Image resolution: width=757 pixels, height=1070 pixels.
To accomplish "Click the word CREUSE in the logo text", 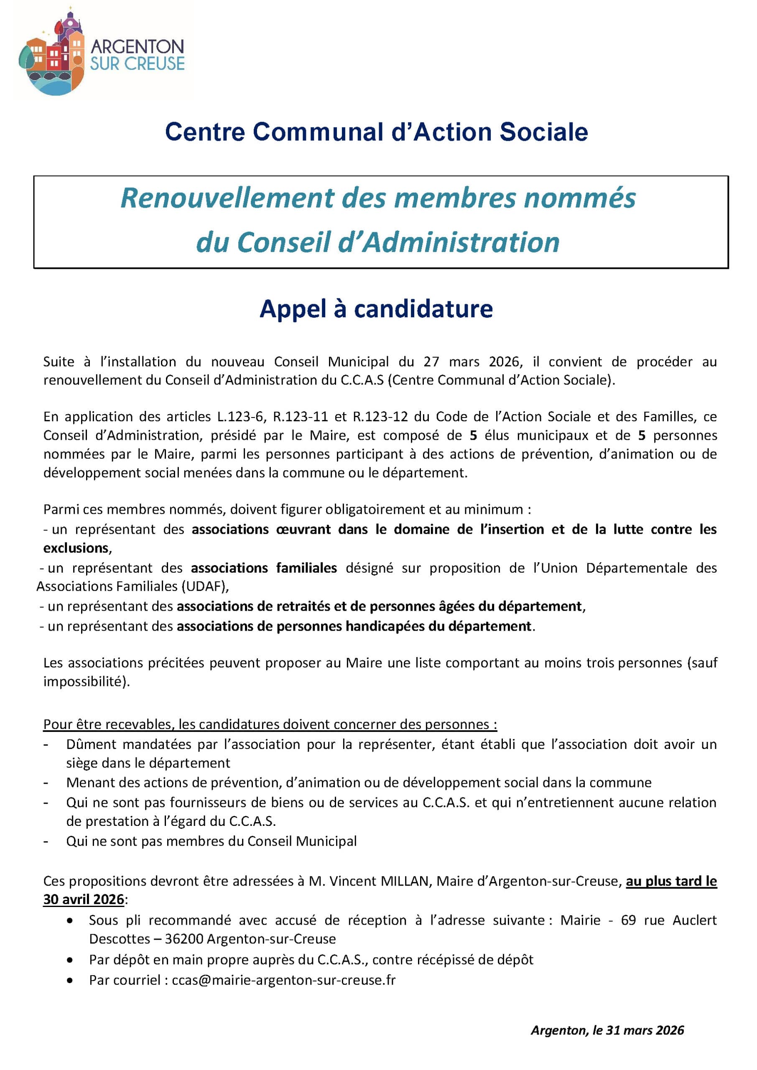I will [x=154, y=64].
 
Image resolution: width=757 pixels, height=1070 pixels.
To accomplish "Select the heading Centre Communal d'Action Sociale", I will [x=376, y=132].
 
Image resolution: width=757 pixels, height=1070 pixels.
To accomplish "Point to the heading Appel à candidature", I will [x=376, y=309].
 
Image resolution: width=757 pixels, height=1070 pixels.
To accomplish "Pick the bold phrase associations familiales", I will [x=264, y=568].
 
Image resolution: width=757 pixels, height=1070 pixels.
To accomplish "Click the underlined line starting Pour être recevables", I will [x=270, y=724].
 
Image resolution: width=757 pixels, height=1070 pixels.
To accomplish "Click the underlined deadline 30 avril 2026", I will [x=84, y=899].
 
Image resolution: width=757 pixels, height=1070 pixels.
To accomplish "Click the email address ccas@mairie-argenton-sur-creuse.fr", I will [x=283, y=980].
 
